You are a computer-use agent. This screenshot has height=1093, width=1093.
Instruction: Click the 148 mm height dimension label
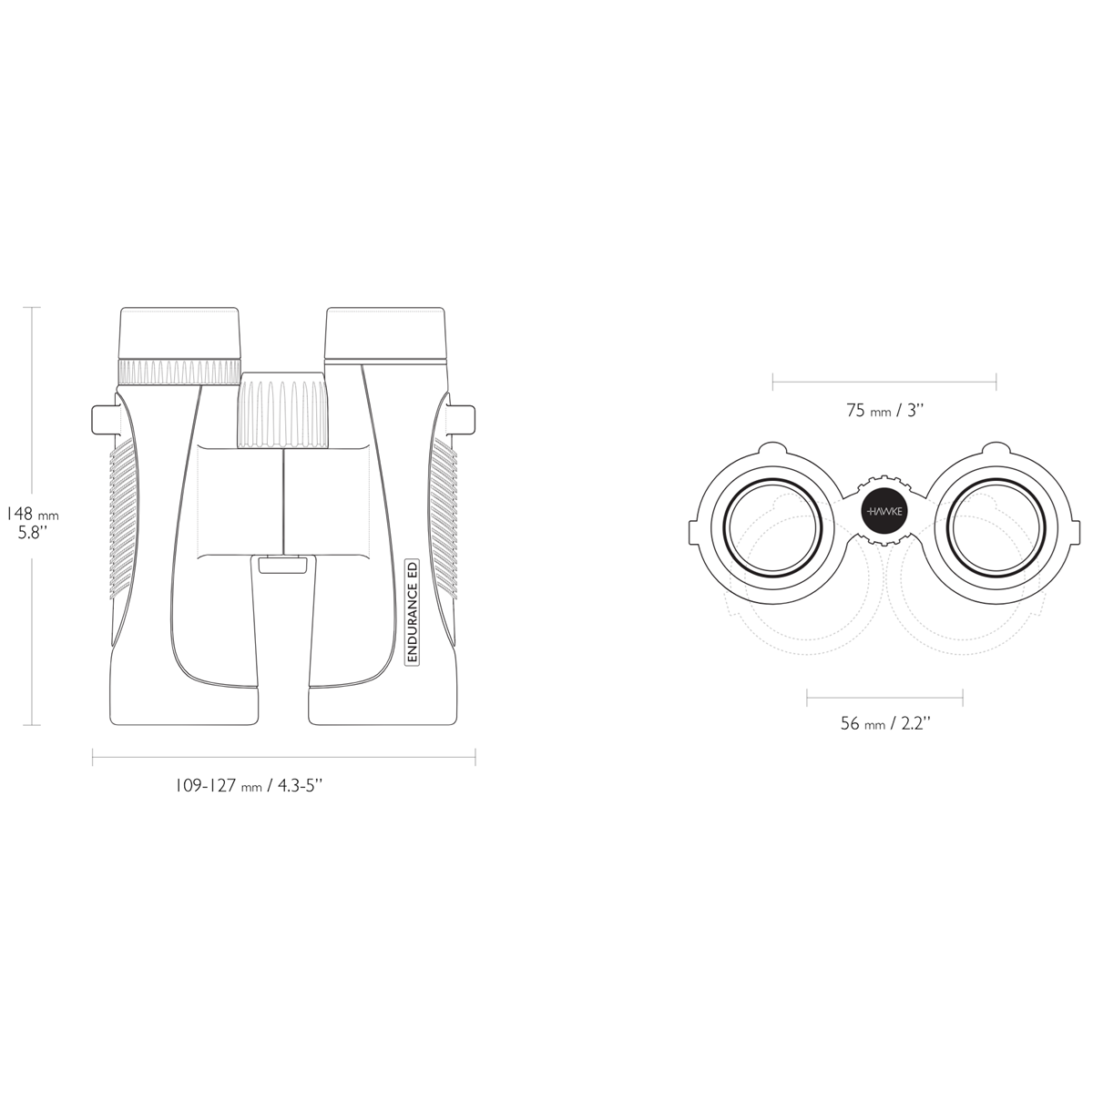point(32,524)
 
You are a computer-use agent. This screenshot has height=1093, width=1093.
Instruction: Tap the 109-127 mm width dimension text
point(249,786)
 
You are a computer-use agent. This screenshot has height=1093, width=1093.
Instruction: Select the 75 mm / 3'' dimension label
point(885,410)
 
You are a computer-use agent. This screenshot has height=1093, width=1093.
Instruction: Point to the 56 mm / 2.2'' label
point(885,723)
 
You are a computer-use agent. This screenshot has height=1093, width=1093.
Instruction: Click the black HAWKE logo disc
point(884,511)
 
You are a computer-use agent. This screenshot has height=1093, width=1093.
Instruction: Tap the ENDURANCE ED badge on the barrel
point(413,611)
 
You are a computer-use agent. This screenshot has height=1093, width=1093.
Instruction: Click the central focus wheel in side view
point(283,410)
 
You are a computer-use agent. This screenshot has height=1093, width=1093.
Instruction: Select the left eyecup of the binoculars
point(179,333)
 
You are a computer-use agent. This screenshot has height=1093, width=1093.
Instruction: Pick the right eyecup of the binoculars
point(384,333)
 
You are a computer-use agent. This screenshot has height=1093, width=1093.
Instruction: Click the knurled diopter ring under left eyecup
point(179,373)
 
